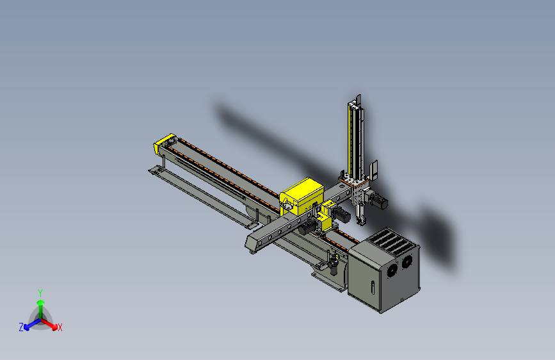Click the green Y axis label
40,293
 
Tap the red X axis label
60,327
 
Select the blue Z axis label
21,327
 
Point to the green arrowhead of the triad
41,302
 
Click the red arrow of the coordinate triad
49,323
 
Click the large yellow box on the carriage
302,197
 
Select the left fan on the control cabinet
392,270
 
